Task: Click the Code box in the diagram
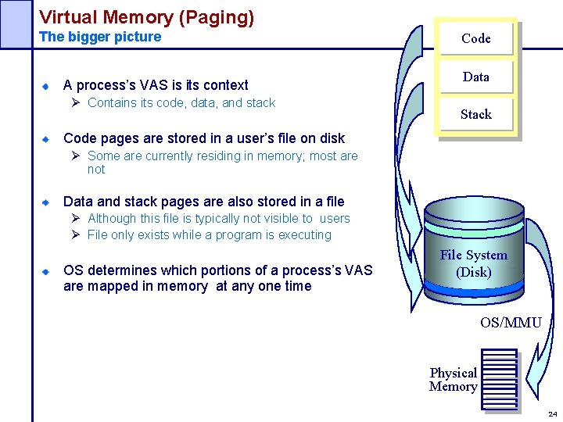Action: tap(475, 38)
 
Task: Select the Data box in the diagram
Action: tap(475, 77)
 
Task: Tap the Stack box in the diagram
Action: tap(475, 114)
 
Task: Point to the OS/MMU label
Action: tap(511, 323)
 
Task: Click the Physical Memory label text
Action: tap(453, 379)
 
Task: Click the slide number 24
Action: tap(552, 413)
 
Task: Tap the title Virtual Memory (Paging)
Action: tap(146, 17)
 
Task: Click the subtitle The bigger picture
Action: tap(100, 37)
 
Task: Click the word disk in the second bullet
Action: tap(332, 138)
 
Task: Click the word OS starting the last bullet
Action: tap(74, 270)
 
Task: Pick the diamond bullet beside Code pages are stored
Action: tap(46, 138)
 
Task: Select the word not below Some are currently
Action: tap(96, 169)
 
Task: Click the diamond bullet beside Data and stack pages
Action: tap(46, 202)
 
